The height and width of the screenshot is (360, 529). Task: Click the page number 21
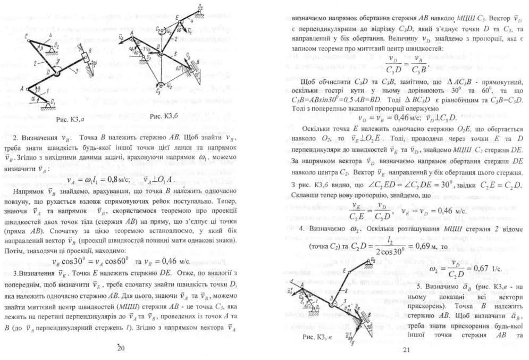[x=407, y=349]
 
